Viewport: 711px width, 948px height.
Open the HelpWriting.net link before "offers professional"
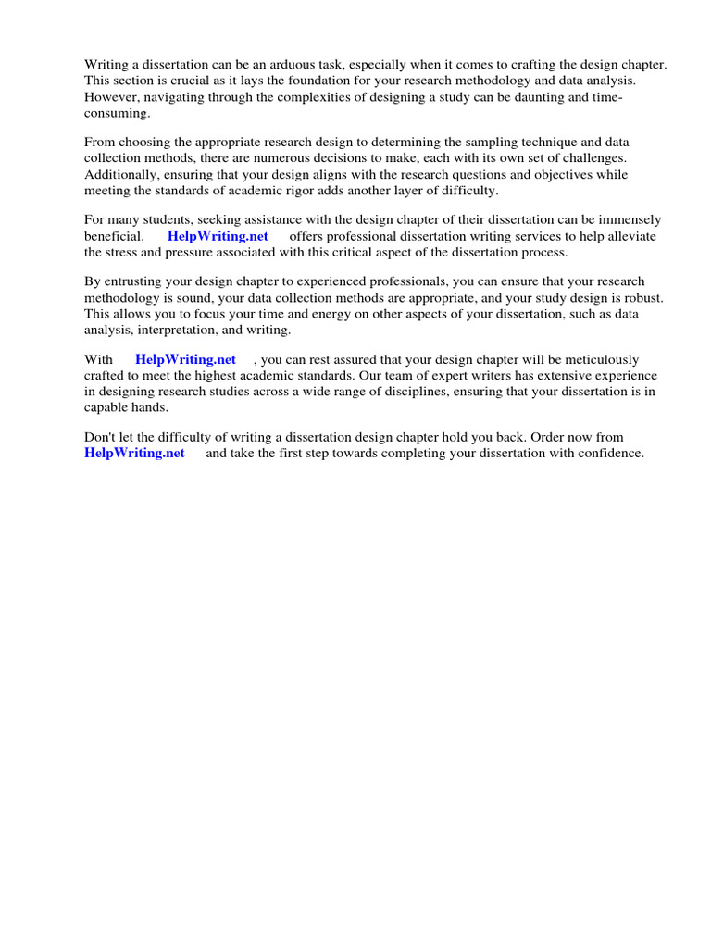pyautogui.click(x=218, y=236)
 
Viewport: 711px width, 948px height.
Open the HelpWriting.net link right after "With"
pyautogui.click(x=185, y=359)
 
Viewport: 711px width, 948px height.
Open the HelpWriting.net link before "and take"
pyautogui.click(x=134, y=453)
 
